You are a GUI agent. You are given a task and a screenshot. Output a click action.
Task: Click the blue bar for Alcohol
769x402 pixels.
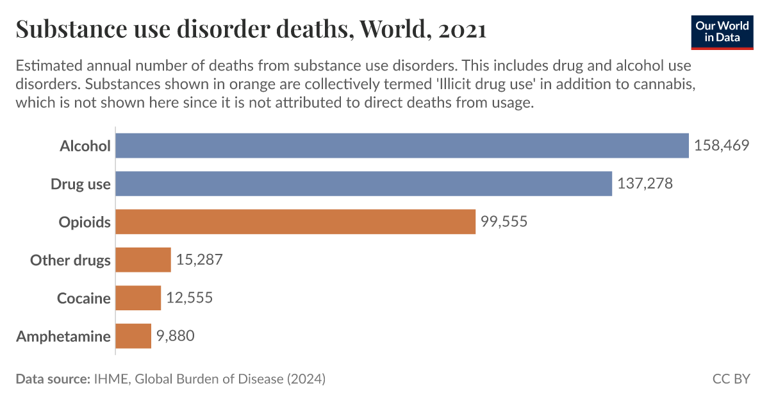pyautogui.click(x=402, y=146)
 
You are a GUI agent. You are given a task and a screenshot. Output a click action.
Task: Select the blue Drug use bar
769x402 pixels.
pyautogui.click(x=363, y=184)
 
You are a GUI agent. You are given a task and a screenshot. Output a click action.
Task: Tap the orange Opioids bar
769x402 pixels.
pyautogui.click(x=295, y=222)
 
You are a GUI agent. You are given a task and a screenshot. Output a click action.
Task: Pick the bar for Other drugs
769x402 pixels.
pyautogui.click(x=143, y=260)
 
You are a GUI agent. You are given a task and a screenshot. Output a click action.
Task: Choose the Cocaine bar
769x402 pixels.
pyautogui.click(x=138, y=298)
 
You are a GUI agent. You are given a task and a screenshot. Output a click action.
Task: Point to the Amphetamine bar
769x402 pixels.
pyautogui.click(x=133, y=336)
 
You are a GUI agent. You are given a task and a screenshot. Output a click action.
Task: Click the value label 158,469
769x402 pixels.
pyautogui.click(x=722, y=146)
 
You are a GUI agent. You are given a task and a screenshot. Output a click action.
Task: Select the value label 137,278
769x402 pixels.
pyautogui.click(x=645, y=184)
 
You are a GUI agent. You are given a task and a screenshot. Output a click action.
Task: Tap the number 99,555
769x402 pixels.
pyautogui.click(x=504, y=222)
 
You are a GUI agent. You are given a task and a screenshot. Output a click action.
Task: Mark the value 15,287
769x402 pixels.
pyautogui.click(x=199, y=260)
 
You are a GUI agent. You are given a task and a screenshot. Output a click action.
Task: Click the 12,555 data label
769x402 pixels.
pyautogui.click(x=189, y=298)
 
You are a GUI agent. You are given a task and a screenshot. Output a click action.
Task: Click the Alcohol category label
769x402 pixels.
pyautogui.click(x=85, y=146)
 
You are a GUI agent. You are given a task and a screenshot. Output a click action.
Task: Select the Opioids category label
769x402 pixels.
pyautogui.click(x=85, y=222)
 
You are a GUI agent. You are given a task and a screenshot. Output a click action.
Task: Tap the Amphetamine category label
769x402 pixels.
pyautogui.click(x=63, y=336)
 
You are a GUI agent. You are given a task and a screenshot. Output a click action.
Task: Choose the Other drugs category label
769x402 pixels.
pyautogui.click(x=70, y=260)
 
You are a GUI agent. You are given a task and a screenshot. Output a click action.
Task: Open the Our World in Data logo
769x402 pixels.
pyautogui.click(x=722, y=31)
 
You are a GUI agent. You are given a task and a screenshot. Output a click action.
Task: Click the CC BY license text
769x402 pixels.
pyautogui.click(x=731, y=379)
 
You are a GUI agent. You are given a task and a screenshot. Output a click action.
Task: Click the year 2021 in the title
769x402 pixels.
pyautogui.click(x=462, y=29)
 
